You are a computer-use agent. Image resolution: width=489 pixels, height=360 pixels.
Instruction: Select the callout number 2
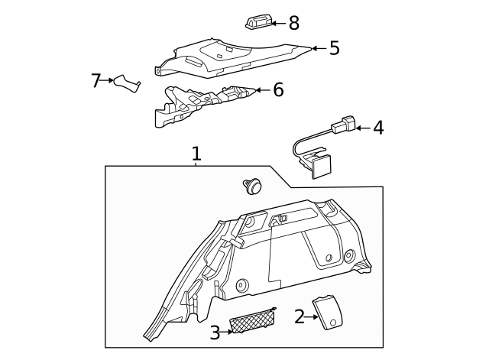click(299, 316)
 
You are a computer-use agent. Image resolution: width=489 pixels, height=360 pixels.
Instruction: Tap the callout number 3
click(215, 332)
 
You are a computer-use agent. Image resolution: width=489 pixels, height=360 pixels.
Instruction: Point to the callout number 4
click(377, 128)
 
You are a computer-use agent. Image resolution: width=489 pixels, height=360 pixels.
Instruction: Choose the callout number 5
click(334, 48)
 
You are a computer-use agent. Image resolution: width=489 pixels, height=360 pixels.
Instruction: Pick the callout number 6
click(278, 90)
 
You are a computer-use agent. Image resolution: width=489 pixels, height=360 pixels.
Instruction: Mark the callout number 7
click(96, 80)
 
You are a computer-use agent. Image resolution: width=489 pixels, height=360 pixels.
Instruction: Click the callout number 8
click(294, 23)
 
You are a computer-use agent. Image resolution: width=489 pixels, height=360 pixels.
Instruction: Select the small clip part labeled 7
click(127, 83)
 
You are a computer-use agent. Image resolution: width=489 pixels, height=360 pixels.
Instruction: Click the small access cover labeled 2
click(329, 312)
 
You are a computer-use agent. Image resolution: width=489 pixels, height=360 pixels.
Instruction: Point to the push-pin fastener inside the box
click(251, 185)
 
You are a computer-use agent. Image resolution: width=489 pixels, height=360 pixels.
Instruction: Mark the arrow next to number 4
click(362, 128)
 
